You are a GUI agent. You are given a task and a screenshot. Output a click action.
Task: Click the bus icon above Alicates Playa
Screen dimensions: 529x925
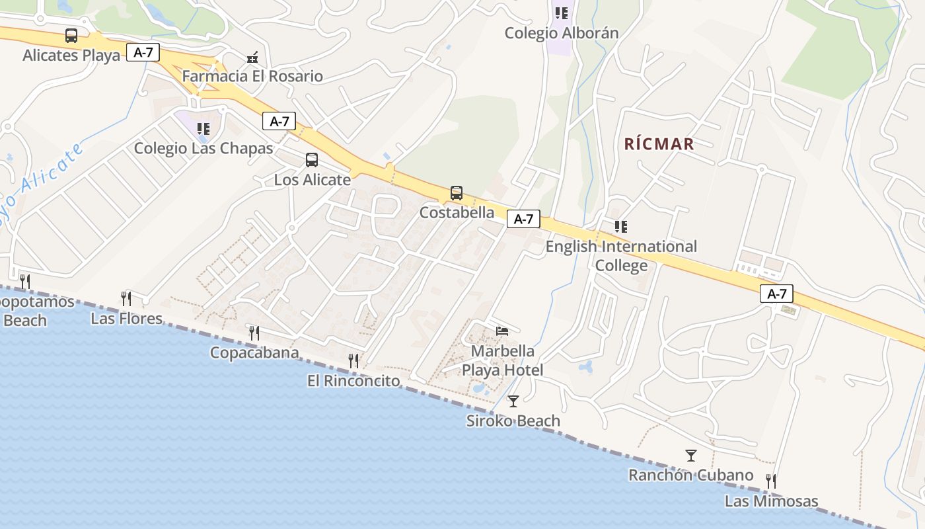[x=71, y=36]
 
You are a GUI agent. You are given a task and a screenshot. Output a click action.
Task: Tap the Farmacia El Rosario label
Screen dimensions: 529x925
[x=252, y=76]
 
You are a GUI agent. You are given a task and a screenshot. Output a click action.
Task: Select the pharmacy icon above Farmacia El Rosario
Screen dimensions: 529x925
[x=252, y=58]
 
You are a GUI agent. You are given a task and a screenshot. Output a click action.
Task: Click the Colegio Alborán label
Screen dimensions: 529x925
[x=562, y=33]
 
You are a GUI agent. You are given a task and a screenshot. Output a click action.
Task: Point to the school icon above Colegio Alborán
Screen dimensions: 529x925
[x=562, y=13]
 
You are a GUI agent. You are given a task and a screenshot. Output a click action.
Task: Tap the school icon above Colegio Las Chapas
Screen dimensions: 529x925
[x=203, y=129]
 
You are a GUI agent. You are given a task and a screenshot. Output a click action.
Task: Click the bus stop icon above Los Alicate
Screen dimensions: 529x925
[x=312, y=160]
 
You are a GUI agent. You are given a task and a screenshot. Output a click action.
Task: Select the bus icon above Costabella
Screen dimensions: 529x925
[x=457, y=193]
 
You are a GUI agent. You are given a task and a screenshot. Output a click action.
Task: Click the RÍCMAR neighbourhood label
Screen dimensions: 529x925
[x=659, y=144]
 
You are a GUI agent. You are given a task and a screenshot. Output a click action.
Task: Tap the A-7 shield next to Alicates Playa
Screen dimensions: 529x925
[x=143, y=52]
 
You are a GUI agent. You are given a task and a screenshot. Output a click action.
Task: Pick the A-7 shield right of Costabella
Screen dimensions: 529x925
[x=523, y=219]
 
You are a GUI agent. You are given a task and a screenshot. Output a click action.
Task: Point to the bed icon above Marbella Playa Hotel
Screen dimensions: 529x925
[x=503, y=331]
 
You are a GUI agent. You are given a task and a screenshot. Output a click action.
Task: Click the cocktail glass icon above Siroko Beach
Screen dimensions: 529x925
[x=513, y=401]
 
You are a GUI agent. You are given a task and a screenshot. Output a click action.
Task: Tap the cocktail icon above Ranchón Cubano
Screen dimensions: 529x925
[x=691, y=456]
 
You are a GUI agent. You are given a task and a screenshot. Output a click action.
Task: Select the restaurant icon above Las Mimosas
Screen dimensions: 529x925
[x=771, y=481]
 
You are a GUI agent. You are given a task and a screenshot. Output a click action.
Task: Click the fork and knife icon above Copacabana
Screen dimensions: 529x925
[x=254, y=333]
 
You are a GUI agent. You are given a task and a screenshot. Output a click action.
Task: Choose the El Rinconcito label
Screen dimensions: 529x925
[x=353, y=381]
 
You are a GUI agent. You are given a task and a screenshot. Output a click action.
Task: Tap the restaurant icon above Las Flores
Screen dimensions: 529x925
[x=126, y=298]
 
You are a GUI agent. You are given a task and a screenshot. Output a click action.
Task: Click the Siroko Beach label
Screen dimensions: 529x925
[x=513, y=421]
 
